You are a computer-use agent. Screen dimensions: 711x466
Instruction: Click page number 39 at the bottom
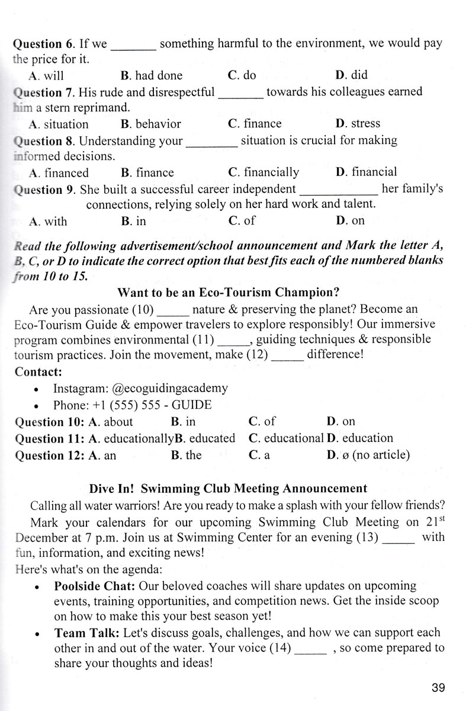click(438, 688)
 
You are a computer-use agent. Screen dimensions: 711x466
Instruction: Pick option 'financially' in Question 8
click(263, 172)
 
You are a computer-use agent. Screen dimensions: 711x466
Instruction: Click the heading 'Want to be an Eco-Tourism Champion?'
click(228, 292)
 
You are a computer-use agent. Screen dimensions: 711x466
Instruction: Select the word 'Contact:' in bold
click(37, 372)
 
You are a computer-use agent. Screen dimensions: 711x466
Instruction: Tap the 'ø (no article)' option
click(368, 455)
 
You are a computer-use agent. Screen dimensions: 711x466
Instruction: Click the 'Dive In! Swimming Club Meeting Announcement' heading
click(228, 489)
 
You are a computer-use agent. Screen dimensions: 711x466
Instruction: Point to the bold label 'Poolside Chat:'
click(87, 586)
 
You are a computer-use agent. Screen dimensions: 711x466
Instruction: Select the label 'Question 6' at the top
click(46, 44)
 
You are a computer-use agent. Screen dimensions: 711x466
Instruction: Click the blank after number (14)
click(310, 648)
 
